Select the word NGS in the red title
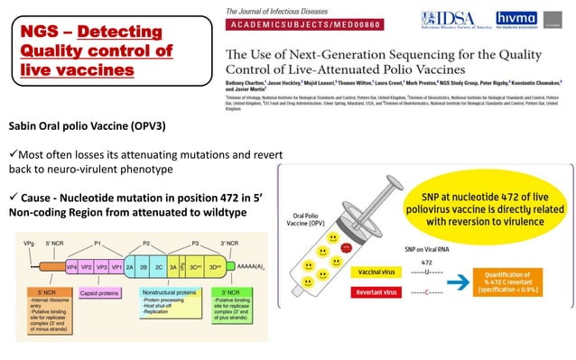coord(38,33)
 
